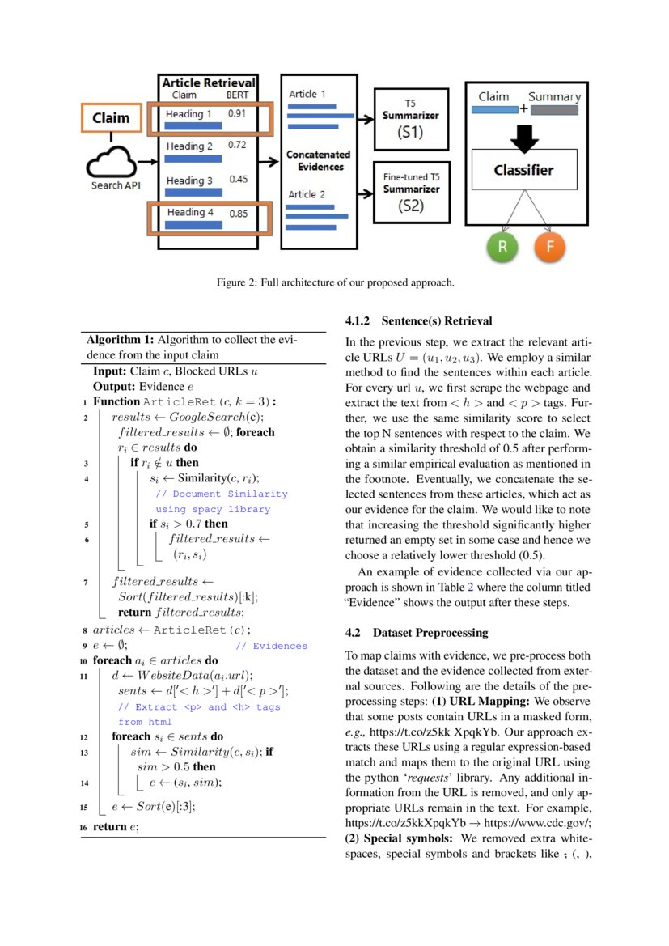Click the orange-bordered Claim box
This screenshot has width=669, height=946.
point(111,118)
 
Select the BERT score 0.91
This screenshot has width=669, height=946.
point(237,113)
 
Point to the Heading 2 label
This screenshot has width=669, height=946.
point(189,146)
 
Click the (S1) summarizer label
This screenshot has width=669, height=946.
point(411,132)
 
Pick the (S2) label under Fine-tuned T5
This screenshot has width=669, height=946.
point(411,206)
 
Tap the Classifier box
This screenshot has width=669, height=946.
point(523,170)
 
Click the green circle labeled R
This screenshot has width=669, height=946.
point(502,247)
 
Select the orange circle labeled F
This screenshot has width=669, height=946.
point(550,247)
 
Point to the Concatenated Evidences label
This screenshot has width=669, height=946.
point(319,160)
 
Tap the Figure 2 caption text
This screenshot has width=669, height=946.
point(335,282)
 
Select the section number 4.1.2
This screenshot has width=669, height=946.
point(357,321)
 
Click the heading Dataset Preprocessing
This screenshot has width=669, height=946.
point(430,632)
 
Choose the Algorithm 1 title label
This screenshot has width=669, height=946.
point(121,340)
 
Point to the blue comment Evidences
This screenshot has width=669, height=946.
point(280,646)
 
